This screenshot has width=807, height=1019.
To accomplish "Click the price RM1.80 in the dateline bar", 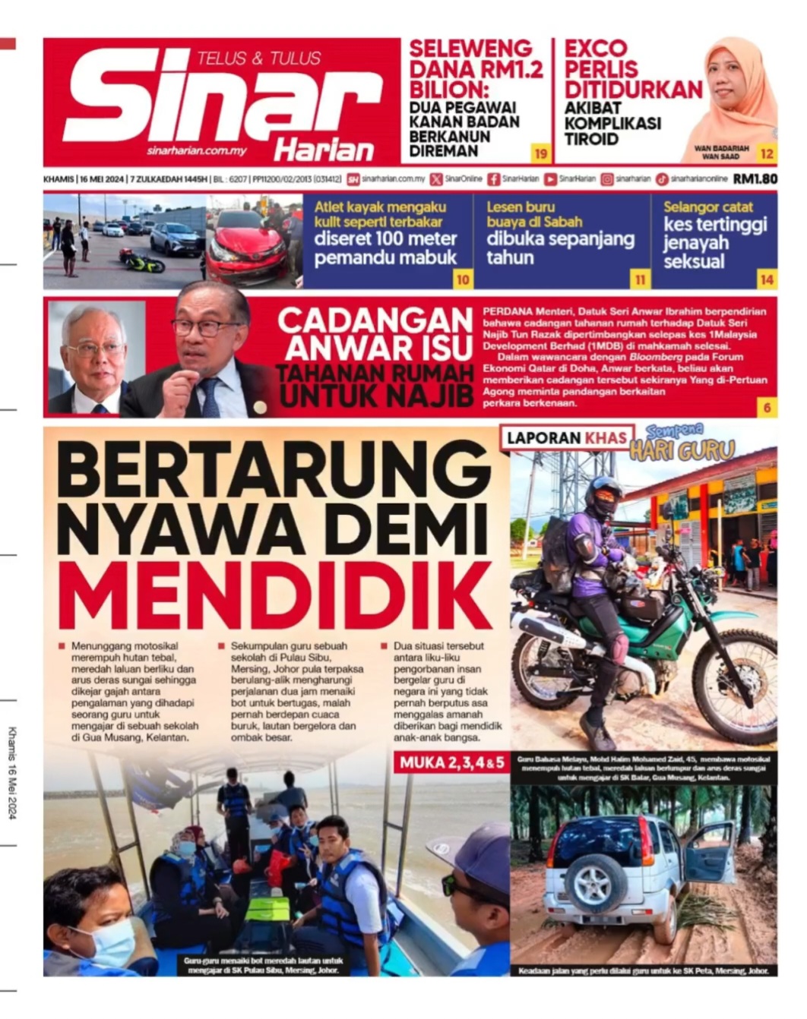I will (755, 179).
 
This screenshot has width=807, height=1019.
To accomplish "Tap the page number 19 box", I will (540, 154).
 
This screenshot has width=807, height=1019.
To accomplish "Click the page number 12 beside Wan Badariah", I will (767, 154).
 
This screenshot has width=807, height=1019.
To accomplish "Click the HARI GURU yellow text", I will (682, 451).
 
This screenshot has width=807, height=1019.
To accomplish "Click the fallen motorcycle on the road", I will (142, 262).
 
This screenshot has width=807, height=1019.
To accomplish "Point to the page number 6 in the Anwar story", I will (767, 408).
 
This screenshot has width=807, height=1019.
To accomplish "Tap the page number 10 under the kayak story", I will (463, 279).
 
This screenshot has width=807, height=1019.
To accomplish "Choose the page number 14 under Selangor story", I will (767, 279).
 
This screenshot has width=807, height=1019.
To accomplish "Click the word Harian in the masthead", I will (324, 150).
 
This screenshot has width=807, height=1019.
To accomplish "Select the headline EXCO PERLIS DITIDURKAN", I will (632, 69).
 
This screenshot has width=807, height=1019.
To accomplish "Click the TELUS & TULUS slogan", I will (258, 58).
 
